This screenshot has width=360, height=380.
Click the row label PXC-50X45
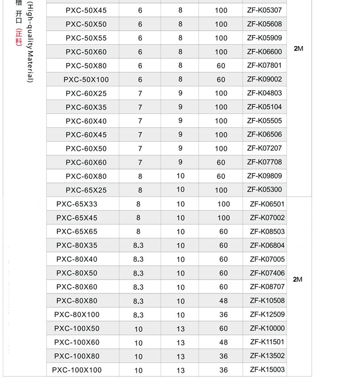click(86, 10)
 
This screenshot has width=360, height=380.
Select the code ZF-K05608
click(264, 24)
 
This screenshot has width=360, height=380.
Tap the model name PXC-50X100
click(86, 79)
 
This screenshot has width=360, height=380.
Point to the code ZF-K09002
click(264, 79)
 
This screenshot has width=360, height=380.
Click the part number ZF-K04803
click(264, 93)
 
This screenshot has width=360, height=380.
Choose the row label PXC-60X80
click(86, 176)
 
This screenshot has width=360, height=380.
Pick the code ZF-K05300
click(264, 190)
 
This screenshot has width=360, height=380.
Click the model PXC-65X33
click(77, 204)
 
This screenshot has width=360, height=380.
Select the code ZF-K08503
click(267, 231)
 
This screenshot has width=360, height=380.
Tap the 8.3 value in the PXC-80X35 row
click(138, 246)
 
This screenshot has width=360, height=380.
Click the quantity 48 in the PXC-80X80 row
click(223, 301)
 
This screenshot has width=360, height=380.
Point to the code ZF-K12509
click(267, 314)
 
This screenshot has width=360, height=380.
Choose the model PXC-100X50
click(77, 329)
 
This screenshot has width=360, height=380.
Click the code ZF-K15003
click(267, 370)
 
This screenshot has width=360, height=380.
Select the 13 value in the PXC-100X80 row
click(180, 356)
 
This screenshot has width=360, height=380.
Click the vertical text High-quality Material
click(30, 43)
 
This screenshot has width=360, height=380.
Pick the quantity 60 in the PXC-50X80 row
click(221, 66)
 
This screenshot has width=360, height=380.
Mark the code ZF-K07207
click(264, 148)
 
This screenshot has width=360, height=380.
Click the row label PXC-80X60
click(77, 287)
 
